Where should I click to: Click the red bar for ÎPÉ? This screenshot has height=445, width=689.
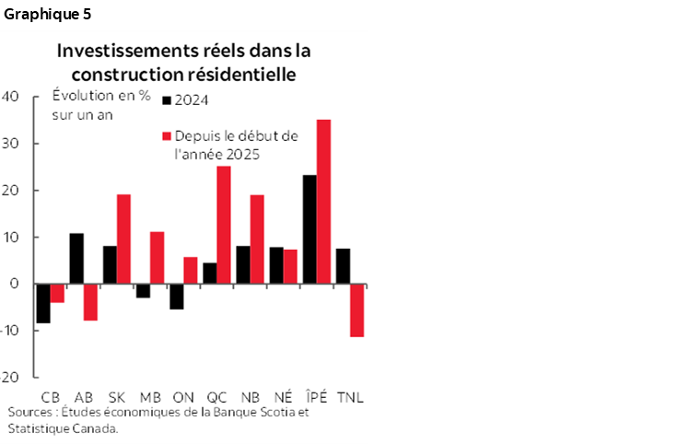(323, 201)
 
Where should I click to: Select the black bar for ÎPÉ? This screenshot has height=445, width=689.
(309, 228)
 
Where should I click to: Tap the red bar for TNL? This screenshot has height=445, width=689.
(356, 310)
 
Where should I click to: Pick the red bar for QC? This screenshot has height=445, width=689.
(223, 224)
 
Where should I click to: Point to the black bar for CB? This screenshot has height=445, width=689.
(42, 303)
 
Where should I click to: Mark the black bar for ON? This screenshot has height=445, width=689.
(176, 296)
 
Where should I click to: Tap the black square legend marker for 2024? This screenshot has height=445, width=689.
(167, 100)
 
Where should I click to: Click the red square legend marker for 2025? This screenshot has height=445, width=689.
(167, 136)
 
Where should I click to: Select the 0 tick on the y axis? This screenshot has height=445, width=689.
(16, 284)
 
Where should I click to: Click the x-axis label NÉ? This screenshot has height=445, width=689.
(283, 397)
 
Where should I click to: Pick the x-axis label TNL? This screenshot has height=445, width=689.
(350, 397)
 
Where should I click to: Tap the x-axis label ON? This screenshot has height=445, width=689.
(182, 397)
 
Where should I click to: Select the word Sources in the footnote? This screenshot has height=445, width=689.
(29, 412)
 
